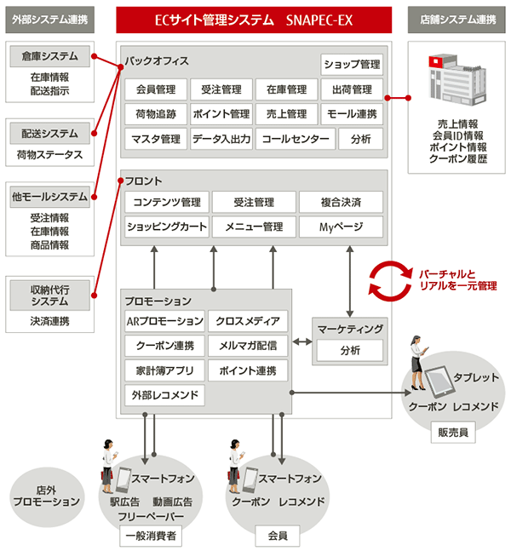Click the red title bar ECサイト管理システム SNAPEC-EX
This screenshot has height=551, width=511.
[x=253, y=18]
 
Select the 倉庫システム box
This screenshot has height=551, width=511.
[x=49, y=57]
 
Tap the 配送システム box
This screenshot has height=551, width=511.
[x=49, y=134]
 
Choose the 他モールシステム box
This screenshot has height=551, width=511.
[x=49, y=197]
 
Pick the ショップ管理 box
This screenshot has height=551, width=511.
[x=352, y=65]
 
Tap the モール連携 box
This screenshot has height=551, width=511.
[x=352, y=114]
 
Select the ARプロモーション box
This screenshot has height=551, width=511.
[x=164, y=321]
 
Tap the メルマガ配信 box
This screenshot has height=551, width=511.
[x=247, y=346]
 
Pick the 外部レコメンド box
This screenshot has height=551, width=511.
[x=164, y=395]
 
